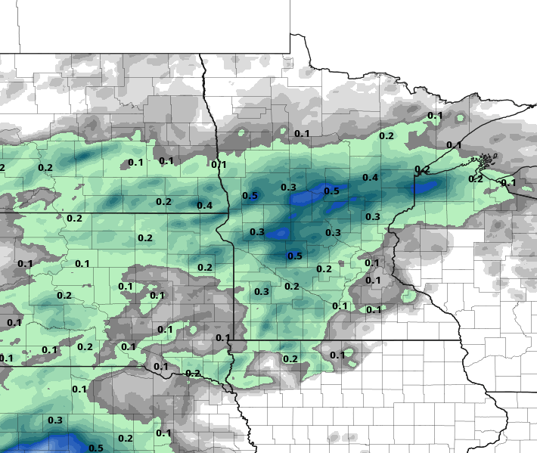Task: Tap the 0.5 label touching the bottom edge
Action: coord(96,448)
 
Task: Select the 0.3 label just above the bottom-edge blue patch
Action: coord(55,420)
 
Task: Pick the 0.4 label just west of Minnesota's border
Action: coord(204,206)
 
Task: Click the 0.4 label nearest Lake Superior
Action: coord(371,178)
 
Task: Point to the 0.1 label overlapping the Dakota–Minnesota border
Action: coord(219,164)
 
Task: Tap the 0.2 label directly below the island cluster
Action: coord(476,178)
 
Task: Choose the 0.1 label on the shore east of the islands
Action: coord(508,182)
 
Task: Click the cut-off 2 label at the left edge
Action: coord(2,168)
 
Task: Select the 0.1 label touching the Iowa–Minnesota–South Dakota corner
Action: coord(222,337)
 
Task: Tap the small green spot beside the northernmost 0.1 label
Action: coord(461,117)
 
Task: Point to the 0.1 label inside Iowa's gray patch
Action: coord(337,355)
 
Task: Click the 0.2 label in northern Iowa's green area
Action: coord(290,358)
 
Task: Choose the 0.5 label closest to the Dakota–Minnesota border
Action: coord(250,197)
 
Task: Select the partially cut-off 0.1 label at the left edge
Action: coord(6,358)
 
